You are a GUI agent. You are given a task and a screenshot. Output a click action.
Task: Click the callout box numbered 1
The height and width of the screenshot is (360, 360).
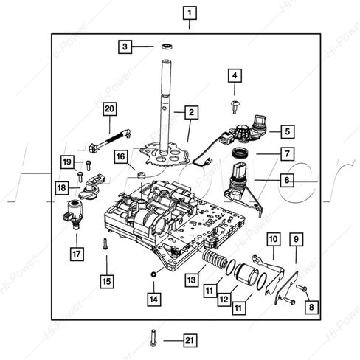click(x=190, y=13)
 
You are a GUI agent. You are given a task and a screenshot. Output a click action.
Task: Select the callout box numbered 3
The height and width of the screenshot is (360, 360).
click(x=126, y=46)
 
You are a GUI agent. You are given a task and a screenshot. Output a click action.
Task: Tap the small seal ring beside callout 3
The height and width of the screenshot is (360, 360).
click(x=167, y=46)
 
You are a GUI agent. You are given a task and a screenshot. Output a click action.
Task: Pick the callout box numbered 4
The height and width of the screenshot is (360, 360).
click(x=235, y=75)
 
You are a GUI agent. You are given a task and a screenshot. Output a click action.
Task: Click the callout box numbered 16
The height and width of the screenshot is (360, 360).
click(x=120, y=157)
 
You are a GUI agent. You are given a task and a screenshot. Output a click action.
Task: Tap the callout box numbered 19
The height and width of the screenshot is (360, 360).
click(x=67, y=162)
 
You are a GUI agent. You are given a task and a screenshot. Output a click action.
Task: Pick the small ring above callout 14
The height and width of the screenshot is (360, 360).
click(x=153, y=274)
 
